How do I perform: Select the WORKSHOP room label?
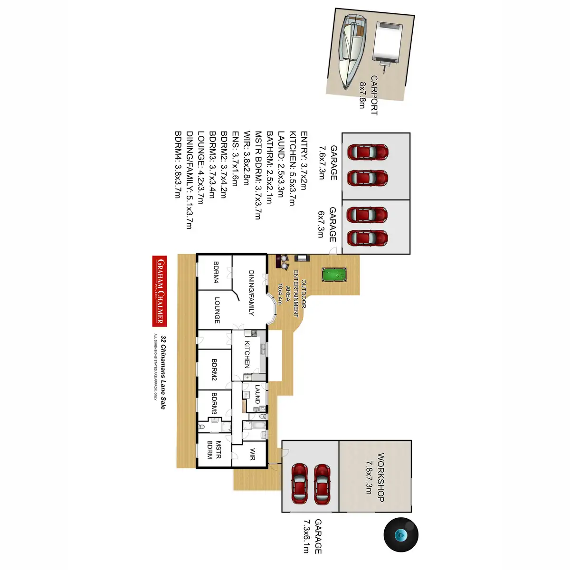coord(381,477)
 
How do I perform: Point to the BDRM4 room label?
coord(216,272)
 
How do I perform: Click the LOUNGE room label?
coord(217,310)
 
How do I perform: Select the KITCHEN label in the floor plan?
coord(247,354)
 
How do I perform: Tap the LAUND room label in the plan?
coord(257,394)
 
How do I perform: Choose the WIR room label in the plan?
coord(252,454)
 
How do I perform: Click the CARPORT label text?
coord(374,95)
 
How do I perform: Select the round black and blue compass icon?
coord(401,534)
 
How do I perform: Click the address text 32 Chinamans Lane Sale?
coord(163,372)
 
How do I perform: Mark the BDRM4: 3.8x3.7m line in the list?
coord(179,164)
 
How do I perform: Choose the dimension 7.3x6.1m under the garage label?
coord(306,536)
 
